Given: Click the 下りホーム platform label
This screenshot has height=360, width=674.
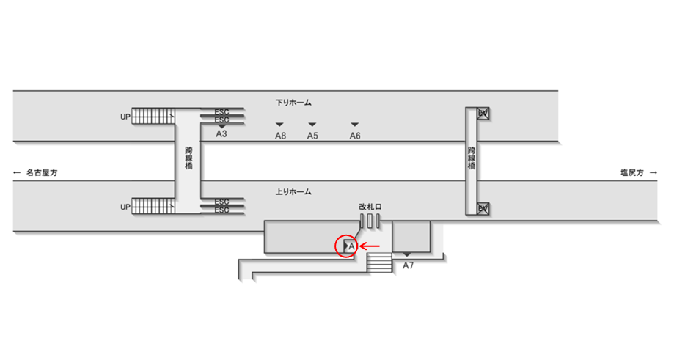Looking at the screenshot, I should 293,103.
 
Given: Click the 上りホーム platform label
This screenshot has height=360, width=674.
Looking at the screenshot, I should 293,191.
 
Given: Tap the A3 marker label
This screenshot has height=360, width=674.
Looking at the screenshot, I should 222,134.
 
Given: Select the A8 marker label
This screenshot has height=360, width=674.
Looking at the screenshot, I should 280,136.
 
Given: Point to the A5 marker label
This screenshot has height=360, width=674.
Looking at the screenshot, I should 312,136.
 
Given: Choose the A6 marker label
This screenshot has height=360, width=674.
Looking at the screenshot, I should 355,136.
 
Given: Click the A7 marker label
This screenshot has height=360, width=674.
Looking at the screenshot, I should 409,265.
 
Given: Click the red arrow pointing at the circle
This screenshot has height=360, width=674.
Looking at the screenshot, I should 369,246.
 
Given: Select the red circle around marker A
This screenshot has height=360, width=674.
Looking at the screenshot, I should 348,246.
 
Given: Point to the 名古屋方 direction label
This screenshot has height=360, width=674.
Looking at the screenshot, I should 37,174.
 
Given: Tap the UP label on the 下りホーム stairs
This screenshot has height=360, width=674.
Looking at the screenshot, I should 125,117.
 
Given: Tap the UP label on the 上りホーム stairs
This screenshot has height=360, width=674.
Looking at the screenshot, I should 125,207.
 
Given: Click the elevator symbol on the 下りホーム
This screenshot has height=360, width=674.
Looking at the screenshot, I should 483,114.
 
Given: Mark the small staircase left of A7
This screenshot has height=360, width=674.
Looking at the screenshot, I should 379,262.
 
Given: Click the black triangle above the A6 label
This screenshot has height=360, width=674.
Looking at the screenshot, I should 355,125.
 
